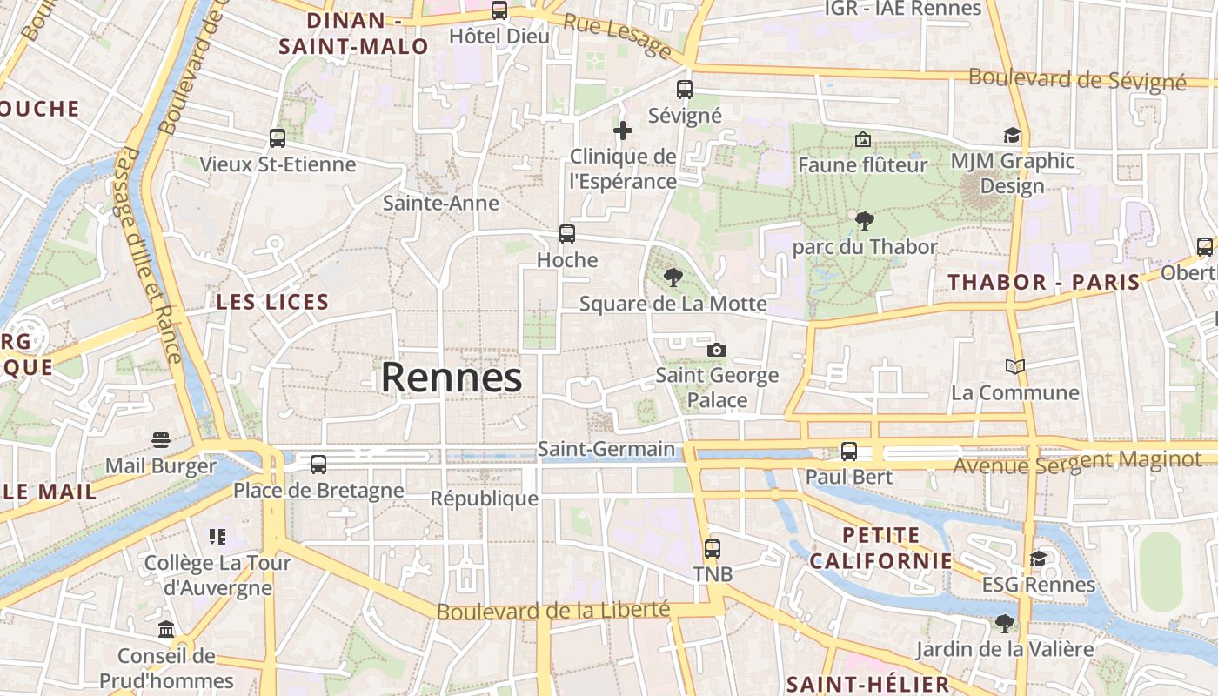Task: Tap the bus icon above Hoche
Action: click(567, 234)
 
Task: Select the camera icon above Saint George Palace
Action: click(717, 350)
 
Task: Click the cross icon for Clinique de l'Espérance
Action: click(623, 131)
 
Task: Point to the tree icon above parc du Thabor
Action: click(864, 221)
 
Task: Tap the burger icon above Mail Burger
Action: click(161, 439)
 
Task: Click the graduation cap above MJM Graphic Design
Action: click(1012, 136)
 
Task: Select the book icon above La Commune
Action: click(1014, 366)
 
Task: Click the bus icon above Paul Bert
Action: click(849, 452)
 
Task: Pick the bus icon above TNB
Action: click(713, 549)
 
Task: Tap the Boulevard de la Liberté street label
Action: click(553, 611)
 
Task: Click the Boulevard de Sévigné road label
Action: click(1077, 79)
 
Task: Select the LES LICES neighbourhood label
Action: click(272, 303)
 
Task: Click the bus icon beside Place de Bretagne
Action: click(318, 465)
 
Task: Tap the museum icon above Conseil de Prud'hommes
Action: click(166, 629)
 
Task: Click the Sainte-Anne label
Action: click(441, 204)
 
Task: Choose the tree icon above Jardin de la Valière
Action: click(1005, 623)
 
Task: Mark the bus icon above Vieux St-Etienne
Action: click(278, 138)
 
